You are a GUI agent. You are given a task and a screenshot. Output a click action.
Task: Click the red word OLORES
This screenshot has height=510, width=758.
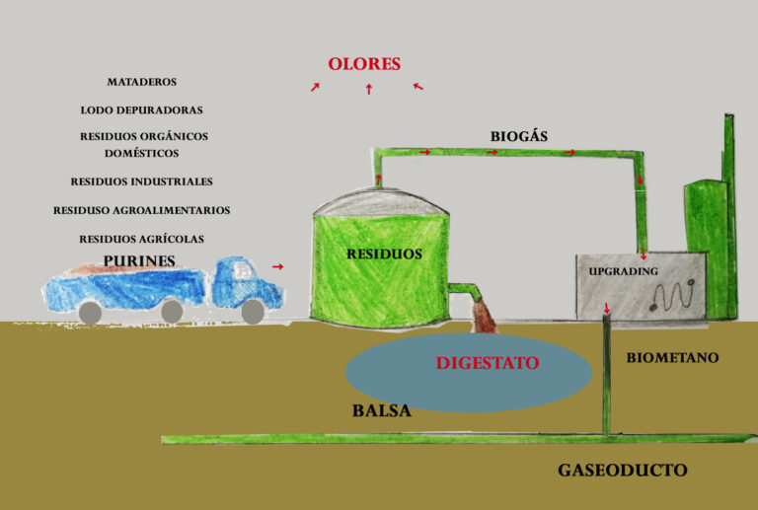[364, 65]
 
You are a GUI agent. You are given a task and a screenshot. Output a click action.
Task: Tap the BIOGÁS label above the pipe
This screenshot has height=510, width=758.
[518, 136]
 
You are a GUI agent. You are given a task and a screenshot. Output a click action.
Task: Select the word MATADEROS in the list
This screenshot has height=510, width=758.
[142, 82]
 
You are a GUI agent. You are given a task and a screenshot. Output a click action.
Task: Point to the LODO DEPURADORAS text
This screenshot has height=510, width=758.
[141, 110]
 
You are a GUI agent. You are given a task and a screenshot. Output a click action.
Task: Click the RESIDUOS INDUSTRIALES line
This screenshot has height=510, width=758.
[141, 182]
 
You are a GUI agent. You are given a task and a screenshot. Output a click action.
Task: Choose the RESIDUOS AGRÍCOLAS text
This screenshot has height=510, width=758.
[141, 239]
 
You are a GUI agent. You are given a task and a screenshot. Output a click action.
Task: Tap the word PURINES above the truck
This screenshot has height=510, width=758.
[139, 261]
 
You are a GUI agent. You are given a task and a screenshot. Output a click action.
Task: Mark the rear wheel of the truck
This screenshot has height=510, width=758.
[90, 312]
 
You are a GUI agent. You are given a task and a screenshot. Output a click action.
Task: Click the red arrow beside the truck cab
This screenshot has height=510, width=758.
[278, 266]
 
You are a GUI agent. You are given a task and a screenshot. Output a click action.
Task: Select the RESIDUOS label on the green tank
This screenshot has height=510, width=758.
[384, 254]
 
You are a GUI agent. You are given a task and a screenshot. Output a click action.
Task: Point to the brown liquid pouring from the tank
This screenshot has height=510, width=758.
[485, 316]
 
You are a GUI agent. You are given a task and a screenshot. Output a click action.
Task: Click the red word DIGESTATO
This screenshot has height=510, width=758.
[488, 363]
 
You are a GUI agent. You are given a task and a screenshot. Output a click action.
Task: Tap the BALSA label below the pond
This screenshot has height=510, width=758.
[381, 410]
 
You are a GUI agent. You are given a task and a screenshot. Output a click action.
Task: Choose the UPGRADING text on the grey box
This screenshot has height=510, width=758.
[623, 270]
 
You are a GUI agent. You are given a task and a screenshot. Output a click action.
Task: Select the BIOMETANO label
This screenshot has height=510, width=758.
[672, 358]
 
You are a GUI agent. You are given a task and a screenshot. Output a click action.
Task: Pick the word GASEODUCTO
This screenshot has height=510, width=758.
[622, 470]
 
